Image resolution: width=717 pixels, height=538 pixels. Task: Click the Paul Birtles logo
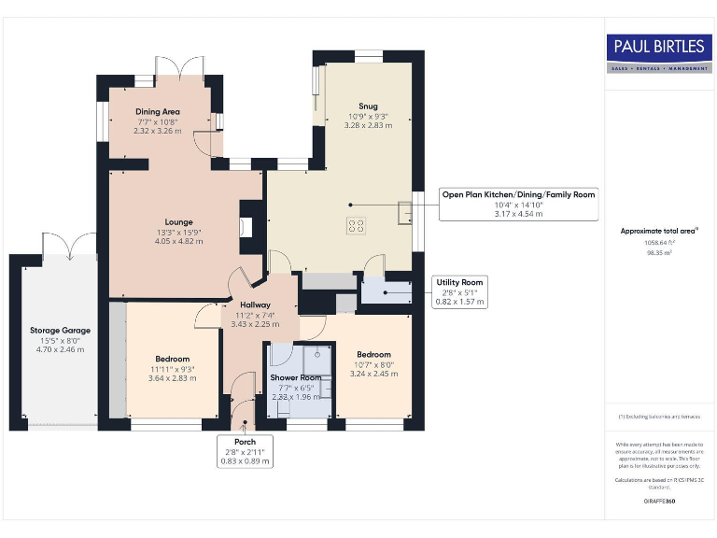(659, 52)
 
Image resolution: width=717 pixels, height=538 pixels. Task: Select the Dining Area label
(158, 111)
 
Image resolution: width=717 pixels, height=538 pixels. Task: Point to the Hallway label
(254, 304)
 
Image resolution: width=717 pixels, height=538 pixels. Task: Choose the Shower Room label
(295, 377)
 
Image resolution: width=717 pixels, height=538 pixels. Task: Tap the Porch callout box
(245, 450)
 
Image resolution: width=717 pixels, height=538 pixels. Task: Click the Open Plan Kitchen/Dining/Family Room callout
(518, 204)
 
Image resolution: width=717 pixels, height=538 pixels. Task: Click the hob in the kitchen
(356, 225)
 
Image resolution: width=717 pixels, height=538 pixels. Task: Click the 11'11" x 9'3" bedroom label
(172, 359)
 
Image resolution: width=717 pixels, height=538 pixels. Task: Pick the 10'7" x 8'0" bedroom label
(373, 354)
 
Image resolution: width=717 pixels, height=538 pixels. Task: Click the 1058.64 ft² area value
(659, 242)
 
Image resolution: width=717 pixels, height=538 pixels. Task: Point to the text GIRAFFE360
(659, 502)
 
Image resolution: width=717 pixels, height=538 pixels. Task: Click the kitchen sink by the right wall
(404, 215)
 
